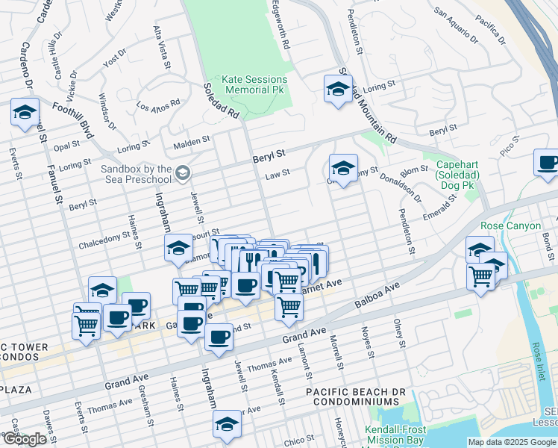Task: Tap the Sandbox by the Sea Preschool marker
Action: [182, 174]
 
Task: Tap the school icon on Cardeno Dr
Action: [25, 112]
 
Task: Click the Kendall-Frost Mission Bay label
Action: [395, 435]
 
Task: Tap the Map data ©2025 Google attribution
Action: [512, 442]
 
